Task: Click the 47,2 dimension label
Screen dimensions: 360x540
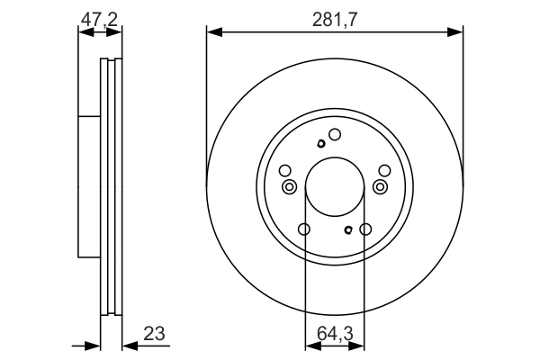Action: (99, 16)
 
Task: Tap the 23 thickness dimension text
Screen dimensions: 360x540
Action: (154, 335)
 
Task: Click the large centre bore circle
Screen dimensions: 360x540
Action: (335, 186)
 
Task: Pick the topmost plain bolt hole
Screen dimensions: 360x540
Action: (335, 135)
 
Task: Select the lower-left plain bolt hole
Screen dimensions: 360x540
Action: (304, 229)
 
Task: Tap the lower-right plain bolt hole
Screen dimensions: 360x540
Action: (365, 229)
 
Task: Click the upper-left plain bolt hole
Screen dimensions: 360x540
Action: (285, 171)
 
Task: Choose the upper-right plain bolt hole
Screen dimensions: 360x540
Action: (384, 171)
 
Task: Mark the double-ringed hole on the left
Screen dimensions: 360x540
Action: (289, 186)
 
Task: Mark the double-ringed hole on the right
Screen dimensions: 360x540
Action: (381, 186)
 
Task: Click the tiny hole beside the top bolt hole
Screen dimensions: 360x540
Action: (320, 143)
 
